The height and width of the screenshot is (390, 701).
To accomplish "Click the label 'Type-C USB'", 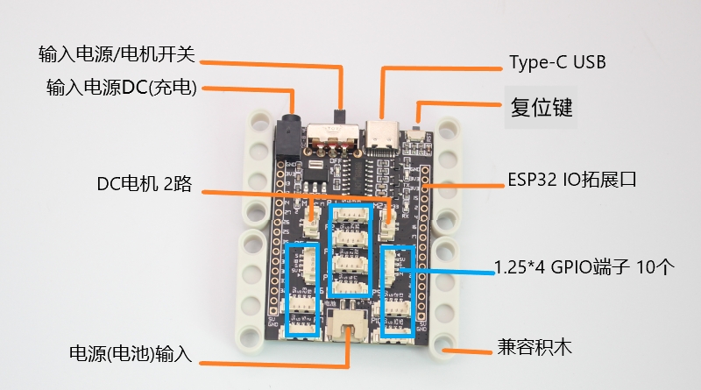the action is [557, 63].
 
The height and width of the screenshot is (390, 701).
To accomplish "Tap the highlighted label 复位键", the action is [542, 108].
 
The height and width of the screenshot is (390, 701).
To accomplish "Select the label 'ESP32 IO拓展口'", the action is [570, 181].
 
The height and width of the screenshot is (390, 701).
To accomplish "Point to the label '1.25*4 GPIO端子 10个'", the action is [584, 267].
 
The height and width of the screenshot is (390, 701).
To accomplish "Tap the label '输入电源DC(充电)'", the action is [121, 88].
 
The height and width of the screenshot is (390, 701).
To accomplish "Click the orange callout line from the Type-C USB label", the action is [438, 65].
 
